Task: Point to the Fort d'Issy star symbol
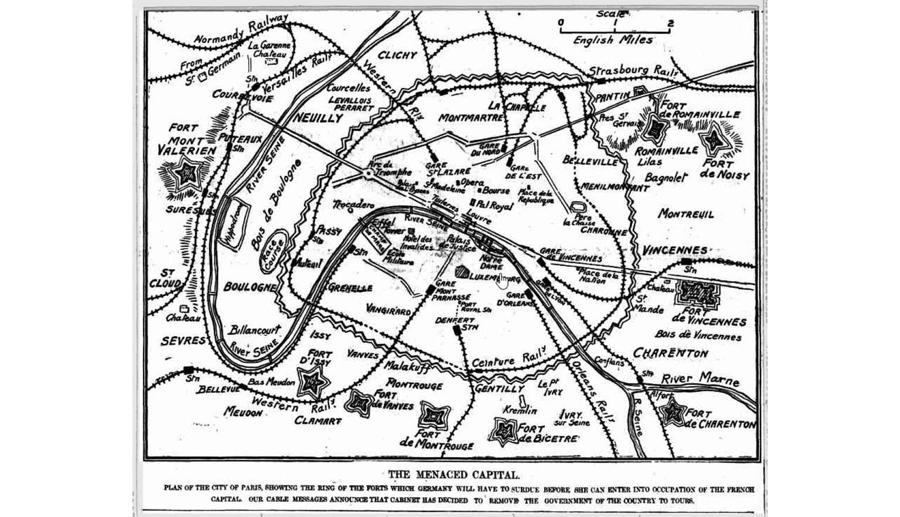click(x=312, y=383)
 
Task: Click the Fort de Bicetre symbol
click(x=503, y=431)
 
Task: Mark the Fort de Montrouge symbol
click(x=434, y=416)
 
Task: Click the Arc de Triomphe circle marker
click(x=369, y=174)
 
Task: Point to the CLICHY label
click(x=397, y=55)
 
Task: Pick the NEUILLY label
click(x=317, y=118)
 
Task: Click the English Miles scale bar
click(x=615, y=30)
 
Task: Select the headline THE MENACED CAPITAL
click(x=454, y=474)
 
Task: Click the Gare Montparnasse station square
click(x=431, y=290)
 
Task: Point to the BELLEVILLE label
click(x=590, y=160)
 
